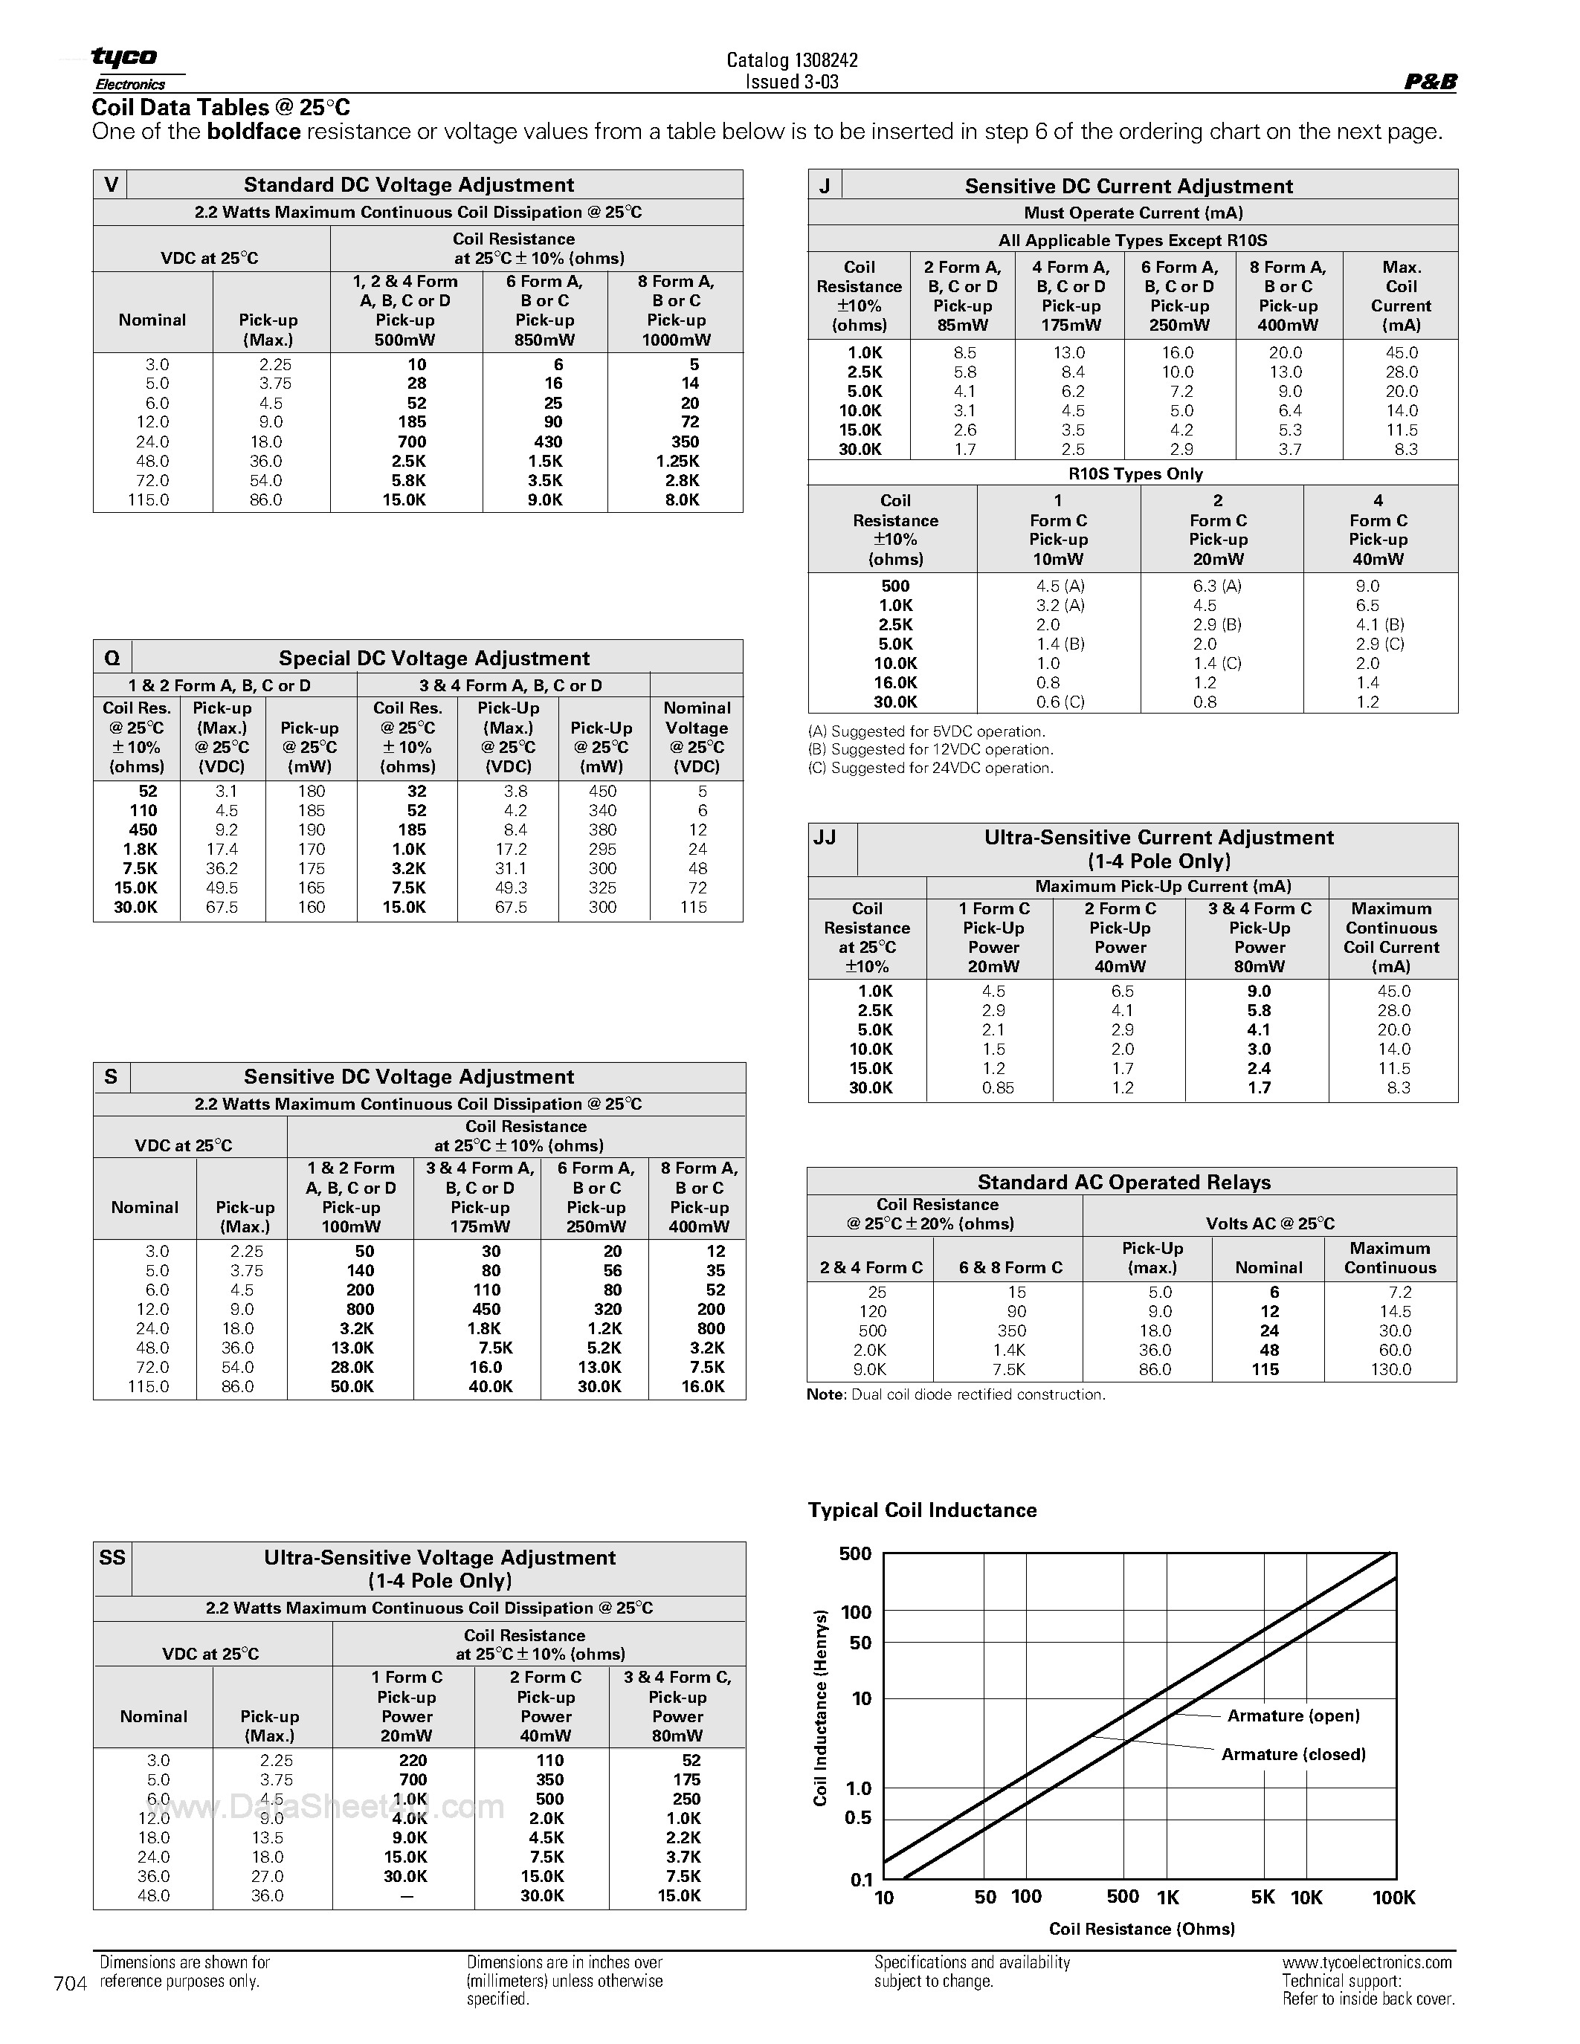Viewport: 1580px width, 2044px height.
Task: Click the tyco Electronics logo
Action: (x=126, y=68)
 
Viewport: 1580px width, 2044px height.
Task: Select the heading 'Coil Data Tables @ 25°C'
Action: (x=221, y=108)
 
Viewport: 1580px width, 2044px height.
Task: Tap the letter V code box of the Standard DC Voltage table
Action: (x=111, y=184)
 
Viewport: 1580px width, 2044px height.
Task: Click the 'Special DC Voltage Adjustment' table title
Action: (x=434, y=658)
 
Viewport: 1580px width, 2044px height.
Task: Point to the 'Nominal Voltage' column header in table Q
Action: (x=697, y=737)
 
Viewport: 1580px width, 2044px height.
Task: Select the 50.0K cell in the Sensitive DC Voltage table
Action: (x=352, y=1387)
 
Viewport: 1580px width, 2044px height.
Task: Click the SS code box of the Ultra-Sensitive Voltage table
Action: (x=112, y=1557)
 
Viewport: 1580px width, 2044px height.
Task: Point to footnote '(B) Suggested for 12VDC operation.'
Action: (x=930, y=750)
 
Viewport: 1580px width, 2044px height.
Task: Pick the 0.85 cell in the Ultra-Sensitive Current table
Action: (x=997, y=1087)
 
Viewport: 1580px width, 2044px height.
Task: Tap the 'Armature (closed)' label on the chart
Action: (x=1294, y=1754)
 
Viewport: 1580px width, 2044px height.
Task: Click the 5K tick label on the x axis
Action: (x=1263, y=1897)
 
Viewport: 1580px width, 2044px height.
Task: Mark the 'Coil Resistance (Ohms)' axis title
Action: (x=1142, y=1929)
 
